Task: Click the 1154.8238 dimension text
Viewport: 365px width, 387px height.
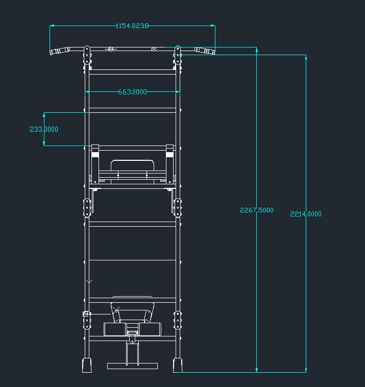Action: (132, 26)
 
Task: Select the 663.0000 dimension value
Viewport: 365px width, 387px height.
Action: (132, 92)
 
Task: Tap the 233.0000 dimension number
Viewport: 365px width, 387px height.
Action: (44, 129)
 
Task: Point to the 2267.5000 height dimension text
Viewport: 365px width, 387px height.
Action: (257, 210)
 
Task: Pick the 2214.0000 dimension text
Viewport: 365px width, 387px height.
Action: (306, 214)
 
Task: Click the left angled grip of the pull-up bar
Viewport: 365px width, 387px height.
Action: (60, 51)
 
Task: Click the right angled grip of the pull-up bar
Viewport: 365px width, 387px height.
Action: (206, 51)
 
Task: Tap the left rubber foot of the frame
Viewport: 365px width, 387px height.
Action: (88, 365)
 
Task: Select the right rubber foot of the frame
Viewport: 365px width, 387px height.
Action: (178, 365)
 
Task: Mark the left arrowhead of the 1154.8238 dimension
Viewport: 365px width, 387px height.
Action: (52, 26)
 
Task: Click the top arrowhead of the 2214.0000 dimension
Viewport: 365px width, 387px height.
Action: (306, 57)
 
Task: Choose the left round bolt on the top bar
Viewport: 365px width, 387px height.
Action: (110, 49)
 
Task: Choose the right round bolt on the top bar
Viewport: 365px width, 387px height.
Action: (154, 49)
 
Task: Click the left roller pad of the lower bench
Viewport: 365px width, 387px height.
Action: (114, 329)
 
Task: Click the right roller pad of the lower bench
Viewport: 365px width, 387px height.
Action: (151, 329)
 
